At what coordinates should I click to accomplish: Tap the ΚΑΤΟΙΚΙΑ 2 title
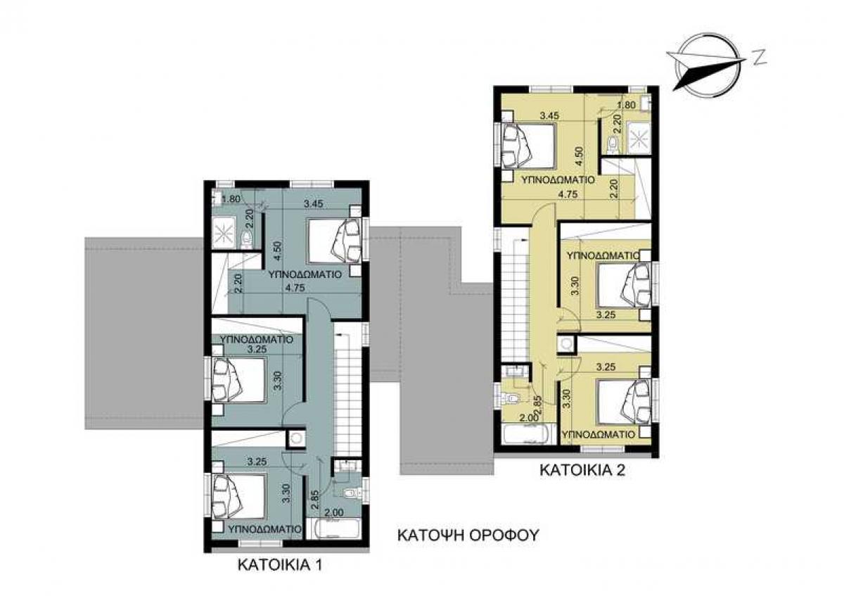(x=582, y=471)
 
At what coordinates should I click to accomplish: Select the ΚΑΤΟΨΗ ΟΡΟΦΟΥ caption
(x=468, y=535)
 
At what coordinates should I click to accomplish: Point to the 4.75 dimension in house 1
(x=295, y=288)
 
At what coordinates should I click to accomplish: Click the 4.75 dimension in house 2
(x=568, y=194)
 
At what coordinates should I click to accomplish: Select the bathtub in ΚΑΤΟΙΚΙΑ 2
(x=528, y=435)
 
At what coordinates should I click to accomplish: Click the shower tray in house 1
(x=224, y=234)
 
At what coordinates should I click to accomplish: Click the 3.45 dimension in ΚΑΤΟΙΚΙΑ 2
(x=549, y=115)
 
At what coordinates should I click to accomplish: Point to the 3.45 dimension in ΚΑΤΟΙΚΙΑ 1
(x=314, y=204)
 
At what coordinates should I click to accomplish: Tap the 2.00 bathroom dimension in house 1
(x=334, y=513)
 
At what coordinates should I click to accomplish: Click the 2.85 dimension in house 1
(x=315, y=499)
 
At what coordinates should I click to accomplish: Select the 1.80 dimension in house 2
(x=626, y=105)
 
